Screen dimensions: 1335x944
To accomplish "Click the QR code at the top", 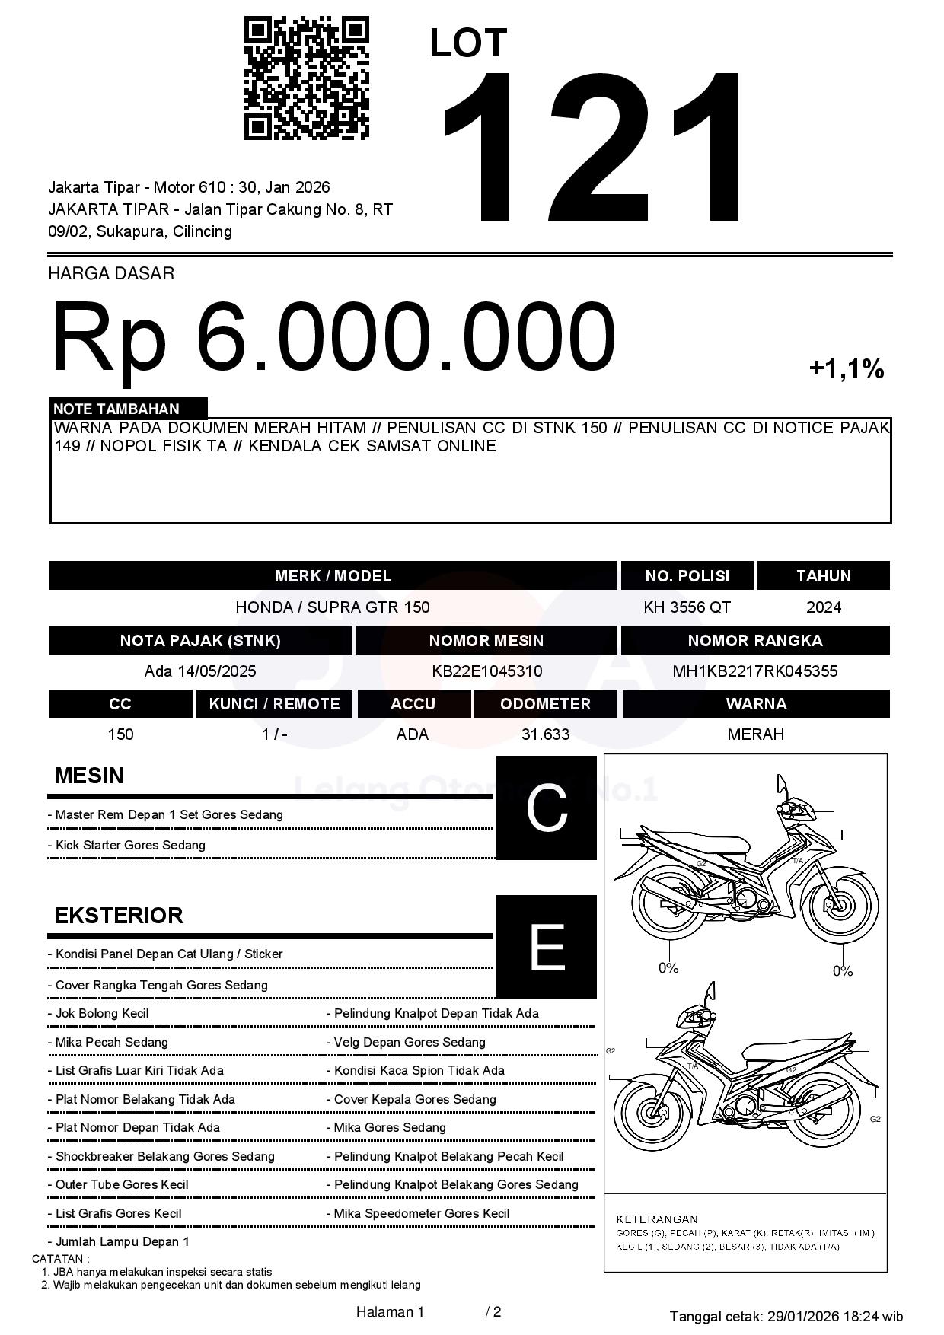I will [306, 78].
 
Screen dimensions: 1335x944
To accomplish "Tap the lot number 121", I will [592, 148].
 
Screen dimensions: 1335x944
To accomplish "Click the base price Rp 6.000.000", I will [333, 336].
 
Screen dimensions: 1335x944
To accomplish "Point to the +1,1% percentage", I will [846, 369].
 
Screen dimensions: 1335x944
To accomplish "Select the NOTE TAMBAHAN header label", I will [116, 409].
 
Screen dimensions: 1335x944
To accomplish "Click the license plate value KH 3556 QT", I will [687, 607].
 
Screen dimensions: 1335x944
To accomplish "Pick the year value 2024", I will [824, 607].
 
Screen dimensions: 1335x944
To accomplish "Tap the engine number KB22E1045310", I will [486, 671].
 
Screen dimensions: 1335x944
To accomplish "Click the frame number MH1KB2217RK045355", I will [754, 671].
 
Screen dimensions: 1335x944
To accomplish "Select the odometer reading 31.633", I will [545, 734].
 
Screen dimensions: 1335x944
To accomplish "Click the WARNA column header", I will [755, 704].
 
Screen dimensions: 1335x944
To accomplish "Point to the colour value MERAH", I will [755, 734].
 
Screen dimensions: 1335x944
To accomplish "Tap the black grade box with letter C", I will [546, 808].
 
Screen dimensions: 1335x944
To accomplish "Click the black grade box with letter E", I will [546, 947].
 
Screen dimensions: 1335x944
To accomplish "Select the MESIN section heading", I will [89, 776].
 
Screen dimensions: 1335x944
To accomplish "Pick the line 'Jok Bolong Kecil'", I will [102, 1014].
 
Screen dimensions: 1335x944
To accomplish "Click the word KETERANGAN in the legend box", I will [656, 1219].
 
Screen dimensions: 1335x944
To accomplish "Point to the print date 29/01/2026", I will [802, 1316].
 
